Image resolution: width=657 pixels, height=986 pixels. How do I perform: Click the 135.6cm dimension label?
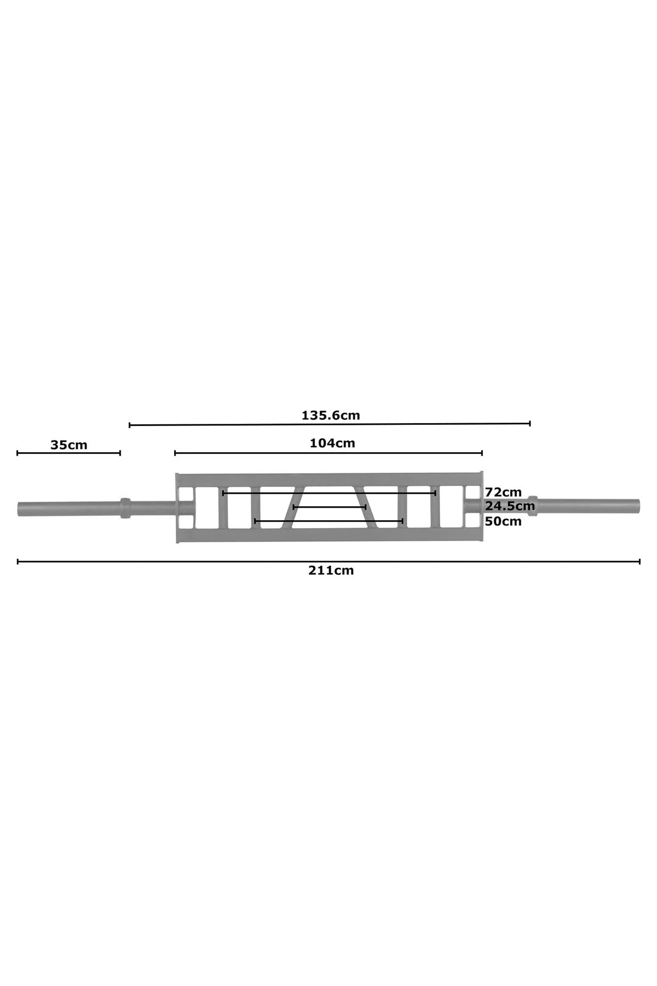point(331,415)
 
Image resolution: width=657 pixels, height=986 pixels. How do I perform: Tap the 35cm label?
point(69,445)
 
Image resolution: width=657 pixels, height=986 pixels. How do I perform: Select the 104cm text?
point(332,443)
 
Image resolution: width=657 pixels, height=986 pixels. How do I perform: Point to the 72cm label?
point(503,492)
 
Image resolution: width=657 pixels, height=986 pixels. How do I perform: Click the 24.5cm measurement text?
point(510,506)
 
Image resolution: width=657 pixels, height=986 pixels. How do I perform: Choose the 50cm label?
point(503,521)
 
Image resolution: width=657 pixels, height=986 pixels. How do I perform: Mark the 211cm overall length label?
point(331,570)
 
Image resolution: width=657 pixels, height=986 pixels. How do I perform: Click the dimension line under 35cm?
point(69,453)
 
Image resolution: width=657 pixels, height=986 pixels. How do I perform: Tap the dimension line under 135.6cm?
point(330,424)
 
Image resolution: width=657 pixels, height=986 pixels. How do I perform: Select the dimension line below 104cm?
point(328,453)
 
